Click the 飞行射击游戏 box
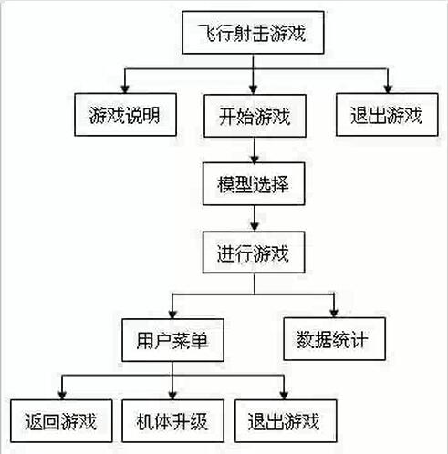(253, 33)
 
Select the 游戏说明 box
(125, 115)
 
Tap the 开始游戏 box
(255, 116)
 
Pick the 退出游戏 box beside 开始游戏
(387, 115)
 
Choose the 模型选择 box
(254, 183)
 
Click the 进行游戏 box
(254, 253)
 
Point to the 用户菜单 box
(172, 340)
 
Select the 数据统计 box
(334, 339)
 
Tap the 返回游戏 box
(61, 421)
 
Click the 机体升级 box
(172, 421)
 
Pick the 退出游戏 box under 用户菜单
(286, 421)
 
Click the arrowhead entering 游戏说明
(125, 88)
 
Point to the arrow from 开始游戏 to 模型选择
(255, 150)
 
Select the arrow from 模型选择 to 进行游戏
(255, 218)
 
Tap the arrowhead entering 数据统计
(334, 313)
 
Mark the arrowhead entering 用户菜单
(172, 314)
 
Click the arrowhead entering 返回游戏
(62, 395)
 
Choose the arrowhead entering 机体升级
(172, 395)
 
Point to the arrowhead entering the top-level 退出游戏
(388, 88)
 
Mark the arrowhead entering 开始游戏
(254, 89)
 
